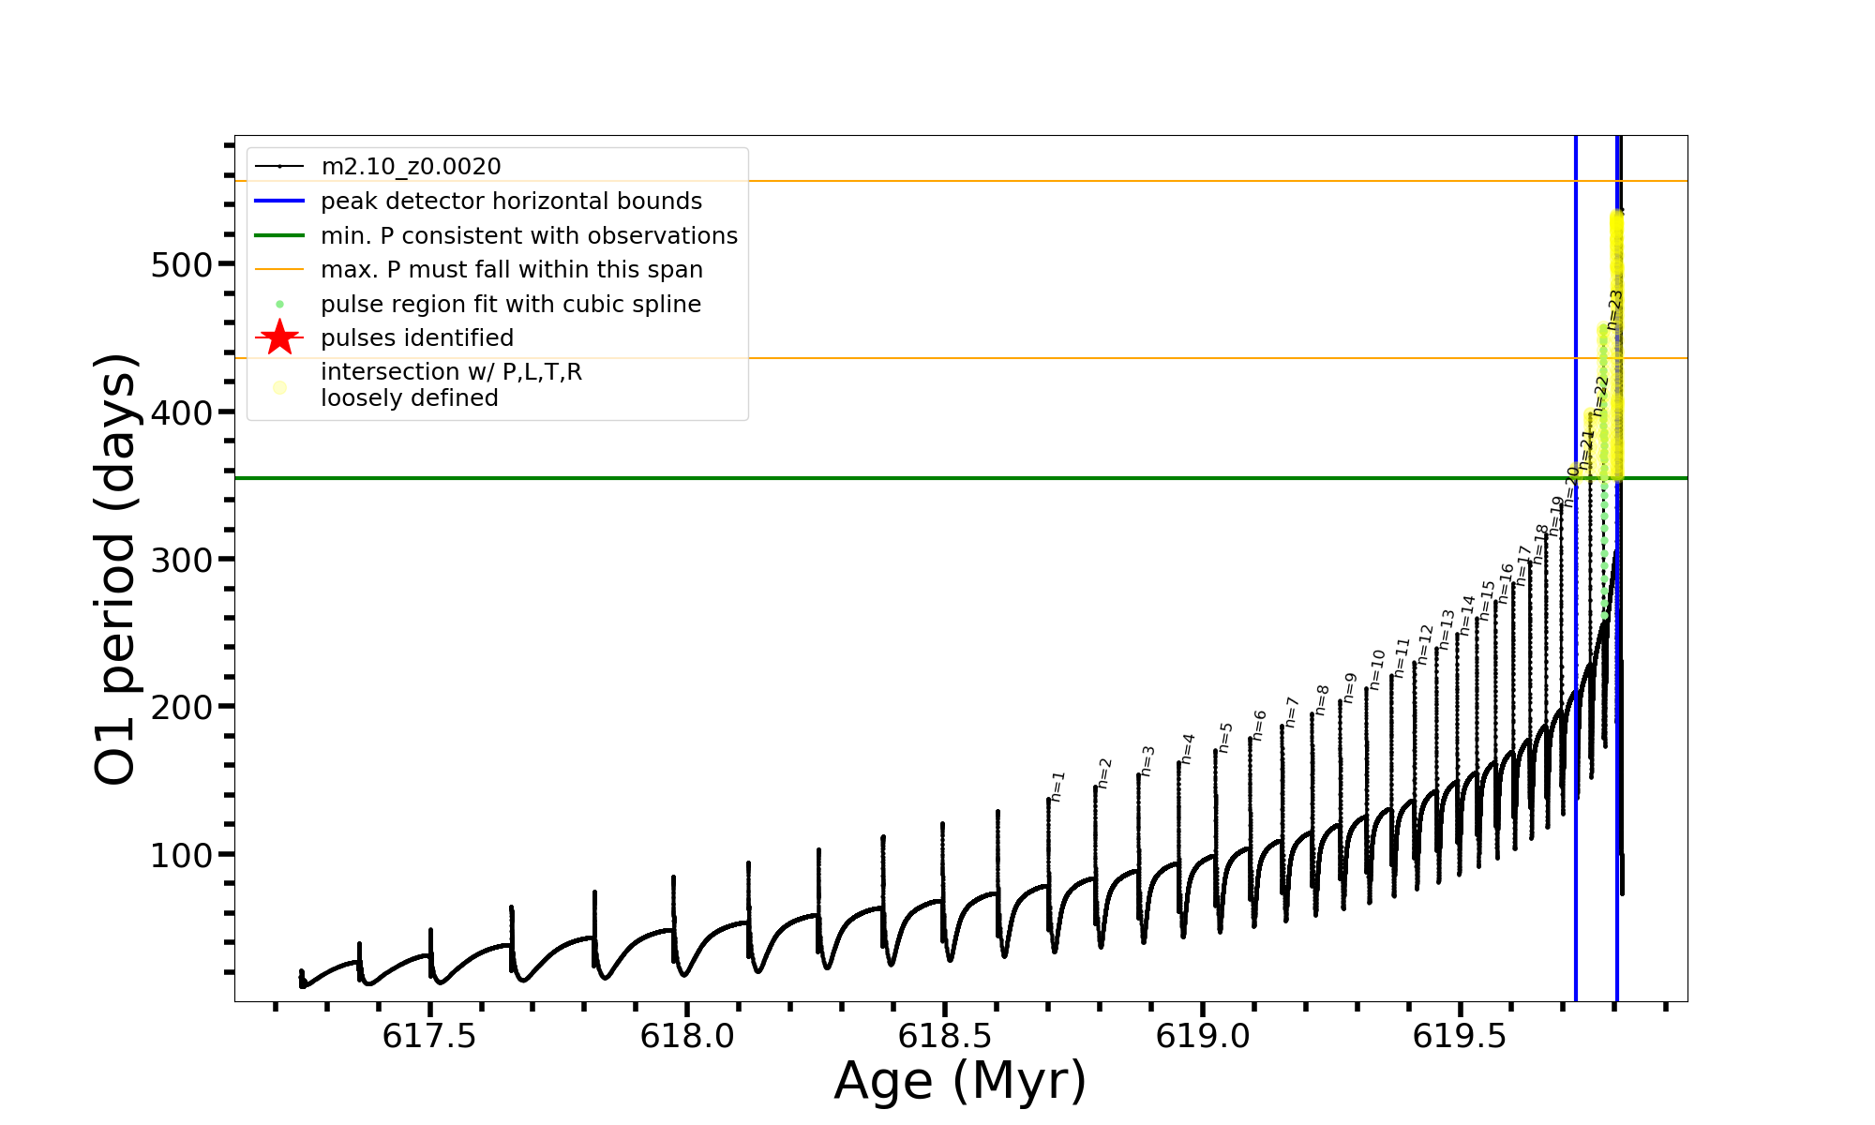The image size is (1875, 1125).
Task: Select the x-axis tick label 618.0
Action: click(x=687, y=1036)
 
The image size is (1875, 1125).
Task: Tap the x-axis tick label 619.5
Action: click(x=1460, y=1036)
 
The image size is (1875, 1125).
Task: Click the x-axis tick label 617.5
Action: click(x=429, y=1036)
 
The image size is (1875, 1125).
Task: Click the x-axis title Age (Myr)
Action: click(x=960, y=1081)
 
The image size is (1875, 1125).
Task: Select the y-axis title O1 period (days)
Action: click(x=116, y=569)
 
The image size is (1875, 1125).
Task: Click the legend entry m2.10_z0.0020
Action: click(x=411, y=167)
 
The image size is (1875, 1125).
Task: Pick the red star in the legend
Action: click(x=279, y=337)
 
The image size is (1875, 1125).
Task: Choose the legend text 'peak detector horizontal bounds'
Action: click(x=511, y=202)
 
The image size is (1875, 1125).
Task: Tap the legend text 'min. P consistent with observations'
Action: click(x=529, y=235)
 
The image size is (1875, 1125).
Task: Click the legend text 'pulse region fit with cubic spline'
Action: click(x=511, y=305)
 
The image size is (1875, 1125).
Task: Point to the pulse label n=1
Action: click(x=1058, y=787)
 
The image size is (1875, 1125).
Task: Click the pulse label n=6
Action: click(x=1260, y=725)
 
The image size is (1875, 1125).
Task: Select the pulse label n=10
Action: click(x=1377, y=669)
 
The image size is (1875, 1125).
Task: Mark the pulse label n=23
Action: click(x=1614, y=309)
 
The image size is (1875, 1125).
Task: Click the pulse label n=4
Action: click(x=1189, y=748)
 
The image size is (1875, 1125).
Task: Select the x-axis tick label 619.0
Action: click(x=1202, y=1036)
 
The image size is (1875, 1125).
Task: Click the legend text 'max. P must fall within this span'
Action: click(x=511, y=270)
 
